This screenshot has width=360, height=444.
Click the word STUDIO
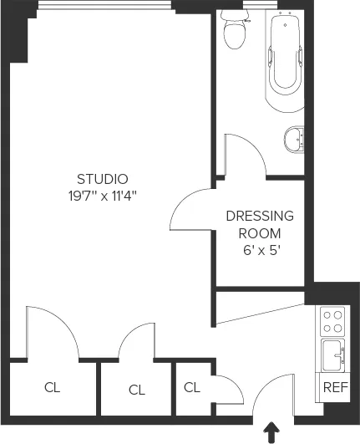click(x=102, y=178)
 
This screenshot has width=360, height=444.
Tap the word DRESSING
click(x=260, y=215)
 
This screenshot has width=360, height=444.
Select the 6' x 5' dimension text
click(x=260, y=251)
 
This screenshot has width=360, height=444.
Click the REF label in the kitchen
click(x=335, y=387)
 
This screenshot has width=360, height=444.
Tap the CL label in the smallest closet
click(x=192, y=387)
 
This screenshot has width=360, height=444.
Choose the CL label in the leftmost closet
click(x=53, y=388)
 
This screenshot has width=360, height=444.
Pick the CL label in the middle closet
click(x=137, y=389)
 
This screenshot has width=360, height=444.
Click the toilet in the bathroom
click(x=235, y=31)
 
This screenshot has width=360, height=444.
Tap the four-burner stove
click(x=333, y=322)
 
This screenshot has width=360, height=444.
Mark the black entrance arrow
click(x=271, y=431)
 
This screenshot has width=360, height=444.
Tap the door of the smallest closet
click(x=224, y=389)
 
